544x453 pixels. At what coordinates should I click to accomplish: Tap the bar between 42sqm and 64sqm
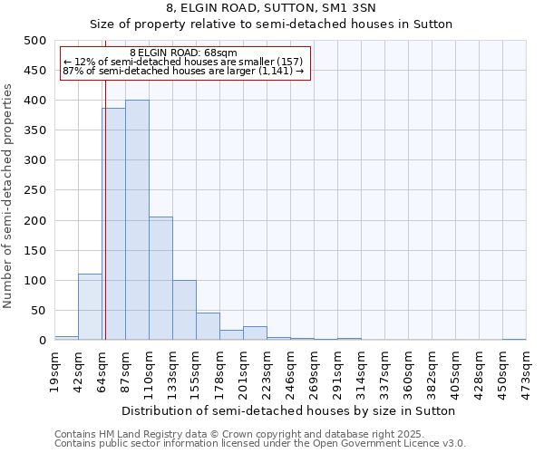coord(90,307)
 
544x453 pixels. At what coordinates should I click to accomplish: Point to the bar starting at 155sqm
coord(208,326)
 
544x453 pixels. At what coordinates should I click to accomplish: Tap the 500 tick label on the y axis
coord(34,41)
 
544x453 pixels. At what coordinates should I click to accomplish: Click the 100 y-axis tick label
coord(34,281)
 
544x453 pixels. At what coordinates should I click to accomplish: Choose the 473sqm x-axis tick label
coord(526,371)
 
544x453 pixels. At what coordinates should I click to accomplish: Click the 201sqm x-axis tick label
coord(243,371)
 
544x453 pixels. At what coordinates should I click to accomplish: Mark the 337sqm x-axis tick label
coord(384,371)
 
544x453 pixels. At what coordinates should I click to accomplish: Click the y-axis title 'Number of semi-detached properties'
coord(8,196)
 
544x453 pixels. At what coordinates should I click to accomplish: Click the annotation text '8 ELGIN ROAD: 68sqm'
coord(183,53)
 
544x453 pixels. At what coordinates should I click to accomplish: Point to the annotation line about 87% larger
coord(183,71)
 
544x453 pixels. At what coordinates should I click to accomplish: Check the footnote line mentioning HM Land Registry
coord(259,434)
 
